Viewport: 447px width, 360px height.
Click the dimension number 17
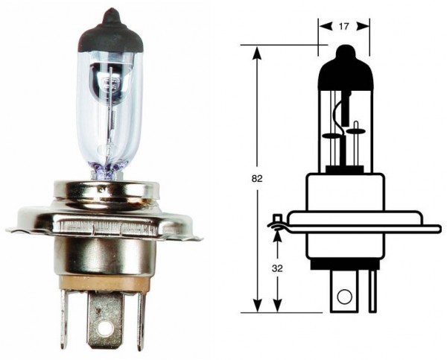[x=343, y=25]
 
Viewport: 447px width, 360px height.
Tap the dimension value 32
[x=278, y=268]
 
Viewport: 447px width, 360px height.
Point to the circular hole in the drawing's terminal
[x=343, y=297]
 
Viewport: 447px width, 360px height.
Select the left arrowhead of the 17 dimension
[x=323, y=25]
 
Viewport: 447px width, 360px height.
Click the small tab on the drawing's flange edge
[x=277, y=220]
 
